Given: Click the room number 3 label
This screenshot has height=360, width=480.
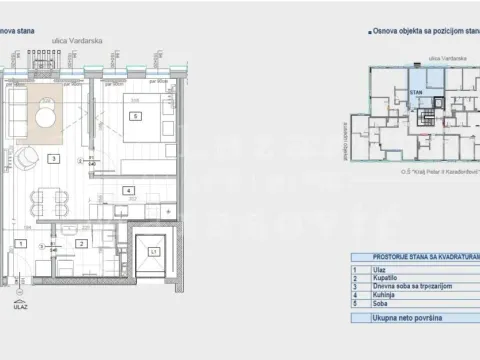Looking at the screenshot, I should pos(52,158).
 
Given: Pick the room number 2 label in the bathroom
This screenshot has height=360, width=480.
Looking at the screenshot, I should pos(80,243).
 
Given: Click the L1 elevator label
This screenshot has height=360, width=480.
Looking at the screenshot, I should pos(153,253).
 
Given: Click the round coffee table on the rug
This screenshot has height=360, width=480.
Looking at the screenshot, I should pos(47,117).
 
